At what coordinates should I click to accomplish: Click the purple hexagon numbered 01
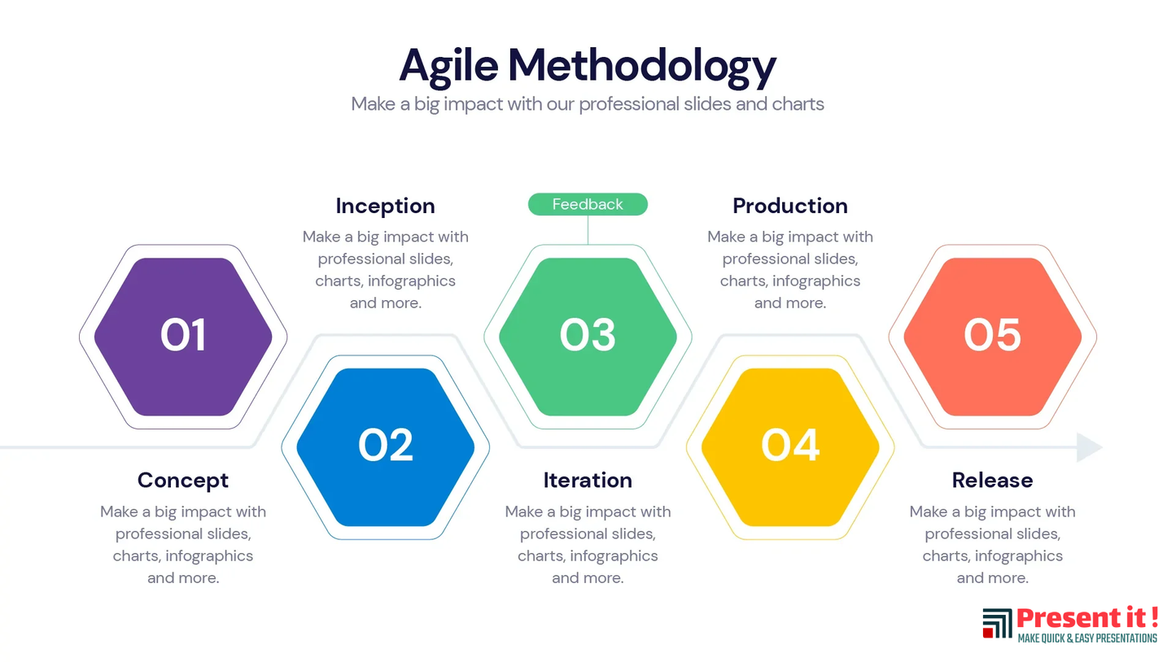point(183,336)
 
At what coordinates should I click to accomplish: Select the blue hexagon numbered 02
point(385,447)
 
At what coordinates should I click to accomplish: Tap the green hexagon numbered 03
point(588,336)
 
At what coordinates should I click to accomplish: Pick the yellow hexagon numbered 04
point(790,447)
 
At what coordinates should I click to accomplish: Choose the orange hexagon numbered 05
point(993,336)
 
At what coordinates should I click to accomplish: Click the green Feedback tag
point(588,204)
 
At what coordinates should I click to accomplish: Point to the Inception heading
point(385,206)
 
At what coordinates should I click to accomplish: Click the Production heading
point(790,206)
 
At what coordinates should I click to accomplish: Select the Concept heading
point(183,481)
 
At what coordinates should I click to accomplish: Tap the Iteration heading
point(588,481)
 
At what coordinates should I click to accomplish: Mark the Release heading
point(993,481)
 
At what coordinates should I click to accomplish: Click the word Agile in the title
point(449,67)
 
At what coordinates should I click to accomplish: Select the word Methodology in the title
point(642,67)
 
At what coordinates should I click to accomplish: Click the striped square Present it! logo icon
point(997,623)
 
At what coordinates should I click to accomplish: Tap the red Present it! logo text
point(1087,618)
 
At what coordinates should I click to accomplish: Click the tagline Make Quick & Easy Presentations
point(1087,638)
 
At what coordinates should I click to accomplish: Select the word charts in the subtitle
point(798,104)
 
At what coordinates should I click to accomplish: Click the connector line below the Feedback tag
point(588,230)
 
